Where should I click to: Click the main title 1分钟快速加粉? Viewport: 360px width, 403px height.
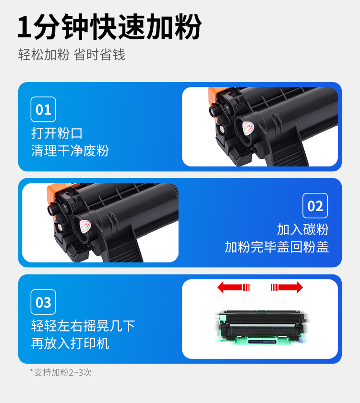point(109,27)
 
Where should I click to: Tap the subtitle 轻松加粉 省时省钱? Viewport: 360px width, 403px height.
point(72,55)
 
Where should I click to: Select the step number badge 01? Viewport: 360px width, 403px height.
point(43,109)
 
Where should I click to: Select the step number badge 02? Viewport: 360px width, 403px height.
point(315,206)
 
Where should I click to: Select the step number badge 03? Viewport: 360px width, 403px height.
point(43,302)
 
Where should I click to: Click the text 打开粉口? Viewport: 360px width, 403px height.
point(57,133)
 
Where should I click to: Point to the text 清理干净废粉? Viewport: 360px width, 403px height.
point(70,151)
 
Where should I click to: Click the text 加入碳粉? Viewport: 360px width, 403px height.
point(303,229)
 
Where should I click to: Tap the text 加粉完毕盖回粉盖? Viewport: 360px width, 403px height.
point(277,247)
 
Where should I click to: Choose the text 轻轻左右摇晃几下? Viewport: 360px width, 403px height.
point(83,326)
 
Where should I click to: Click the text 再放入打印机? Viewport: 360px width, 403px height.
point(70,344)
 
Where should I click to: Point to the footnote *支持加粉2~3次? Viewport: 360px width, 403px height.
point(60,372)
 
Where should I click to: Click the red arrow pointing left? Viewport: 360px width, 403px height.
point(233,287)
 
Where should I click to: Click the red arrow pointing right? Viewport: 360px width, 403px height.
point(287,287)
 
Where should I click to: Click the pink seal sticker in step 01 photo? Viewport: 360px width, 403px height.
point(248,127)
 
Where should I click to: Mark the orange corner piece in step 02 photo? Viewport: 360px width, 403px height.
point(51,190)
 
